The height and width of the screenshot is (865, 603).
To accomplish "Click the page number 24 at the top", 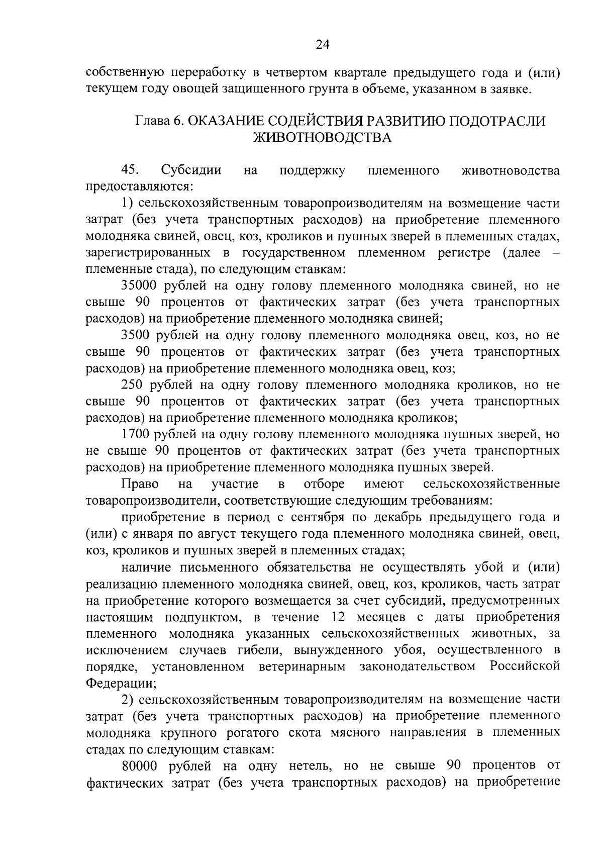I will (x=322, y=45).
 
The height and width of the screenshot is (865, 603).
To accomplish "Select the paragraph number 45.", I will (x=130, y=170).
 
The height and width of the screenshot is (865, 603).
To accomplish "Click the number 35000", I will (x=139, y=286).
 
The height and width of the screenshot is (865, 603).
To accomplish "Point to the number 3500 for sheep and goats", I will (x=136, y=335).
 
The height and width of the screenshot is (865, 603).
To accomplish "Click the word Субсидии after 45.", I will (x=191, y=170).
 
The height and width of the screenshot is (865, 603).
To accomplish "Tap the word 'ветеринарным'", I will (x=302, y=666).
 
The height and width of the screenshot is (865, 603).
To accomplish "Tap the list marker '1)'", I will (x=127, y=204).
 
